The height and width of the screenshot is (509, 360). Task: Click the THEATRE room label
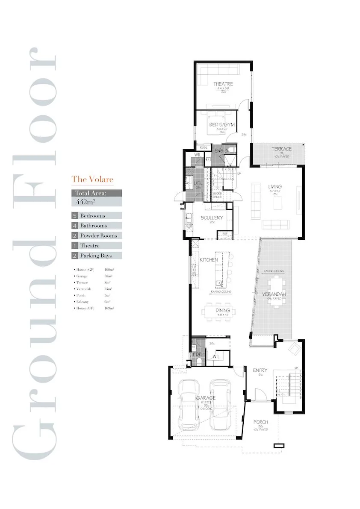(223, 84)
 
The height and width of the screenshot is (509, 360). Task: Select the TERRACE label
(282, 149)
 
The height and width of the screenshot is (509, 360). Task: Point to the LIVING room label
(275, 186)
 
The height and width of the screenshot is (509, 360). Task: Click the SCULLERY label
(212, 218)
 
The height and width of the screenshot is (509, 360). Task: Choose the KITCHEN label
(209, 259)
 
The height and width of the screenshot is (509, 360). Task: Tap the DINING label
(223, 310)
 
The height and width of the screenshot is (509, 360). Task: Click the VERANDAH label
(274, 294)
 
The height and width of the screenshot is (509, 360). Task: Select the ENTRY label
(260, 370)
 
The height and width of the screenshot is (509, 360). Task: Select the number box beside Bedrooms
(75, 216)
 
